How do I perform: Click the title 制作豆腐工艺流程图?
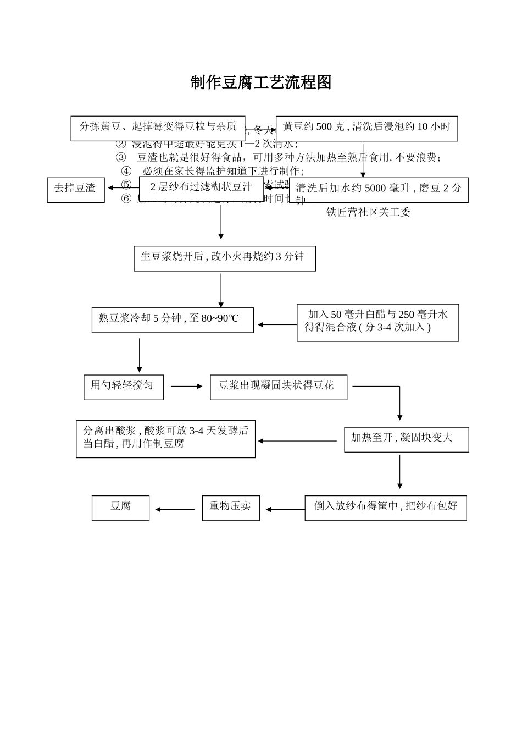point(261,83)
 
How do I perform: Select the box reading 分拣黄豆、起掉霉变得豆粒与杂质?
point(158,127)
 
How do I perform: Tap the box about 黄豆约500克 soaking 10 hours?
point(366,127)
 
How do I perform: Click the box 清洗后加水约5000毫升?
point(379,190)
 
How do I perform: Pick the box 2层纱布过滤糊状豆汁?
point(201,188)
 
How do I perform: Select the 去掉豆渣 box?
point(75,190)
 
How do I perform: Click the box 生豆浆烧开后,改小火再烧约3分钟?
point(224,258)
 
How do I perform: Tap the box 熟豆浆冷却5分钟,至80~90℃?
point(173,319)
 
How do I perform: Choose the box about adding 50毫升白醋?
point(377,322)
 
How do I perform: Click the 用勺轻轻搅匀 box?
point(123,387)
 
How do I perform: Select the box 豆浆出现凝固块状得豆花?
point(278,387)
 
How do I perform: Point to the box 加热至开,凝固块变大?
point(406,439)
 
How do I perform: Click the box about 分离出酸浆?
point(165,439)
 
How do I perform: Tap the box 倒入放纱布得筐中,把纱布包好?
point(385,508)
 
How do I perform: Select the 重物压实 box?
point(231,508)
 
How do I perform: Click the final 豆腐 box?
point(120,508)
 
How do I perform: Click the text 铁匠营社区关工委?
point(368,212)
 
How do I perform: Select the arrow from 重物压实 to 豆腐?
point(175,509)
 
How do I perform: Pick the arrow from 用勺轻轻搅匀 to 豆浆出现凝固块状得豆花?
point(187,386)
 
